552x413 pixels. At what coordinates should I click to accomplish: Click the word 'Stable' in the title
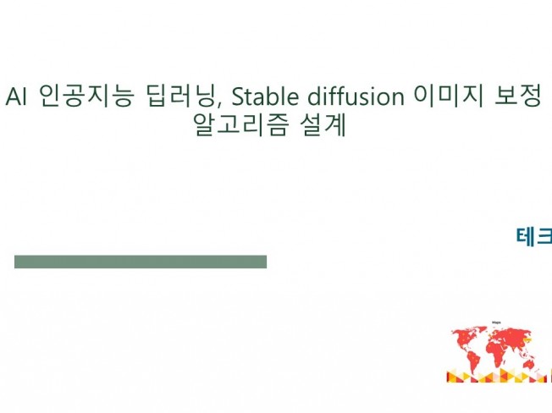[x=259, y=96]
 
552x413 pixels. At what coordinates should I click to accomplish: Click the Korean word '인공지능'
[x=83, y=96]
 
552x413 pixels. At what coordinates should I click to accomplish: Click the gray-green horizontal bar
[x=141, y=262]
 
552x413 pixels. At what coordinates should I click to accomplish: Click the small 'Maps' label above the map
[x=496, y=323]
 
